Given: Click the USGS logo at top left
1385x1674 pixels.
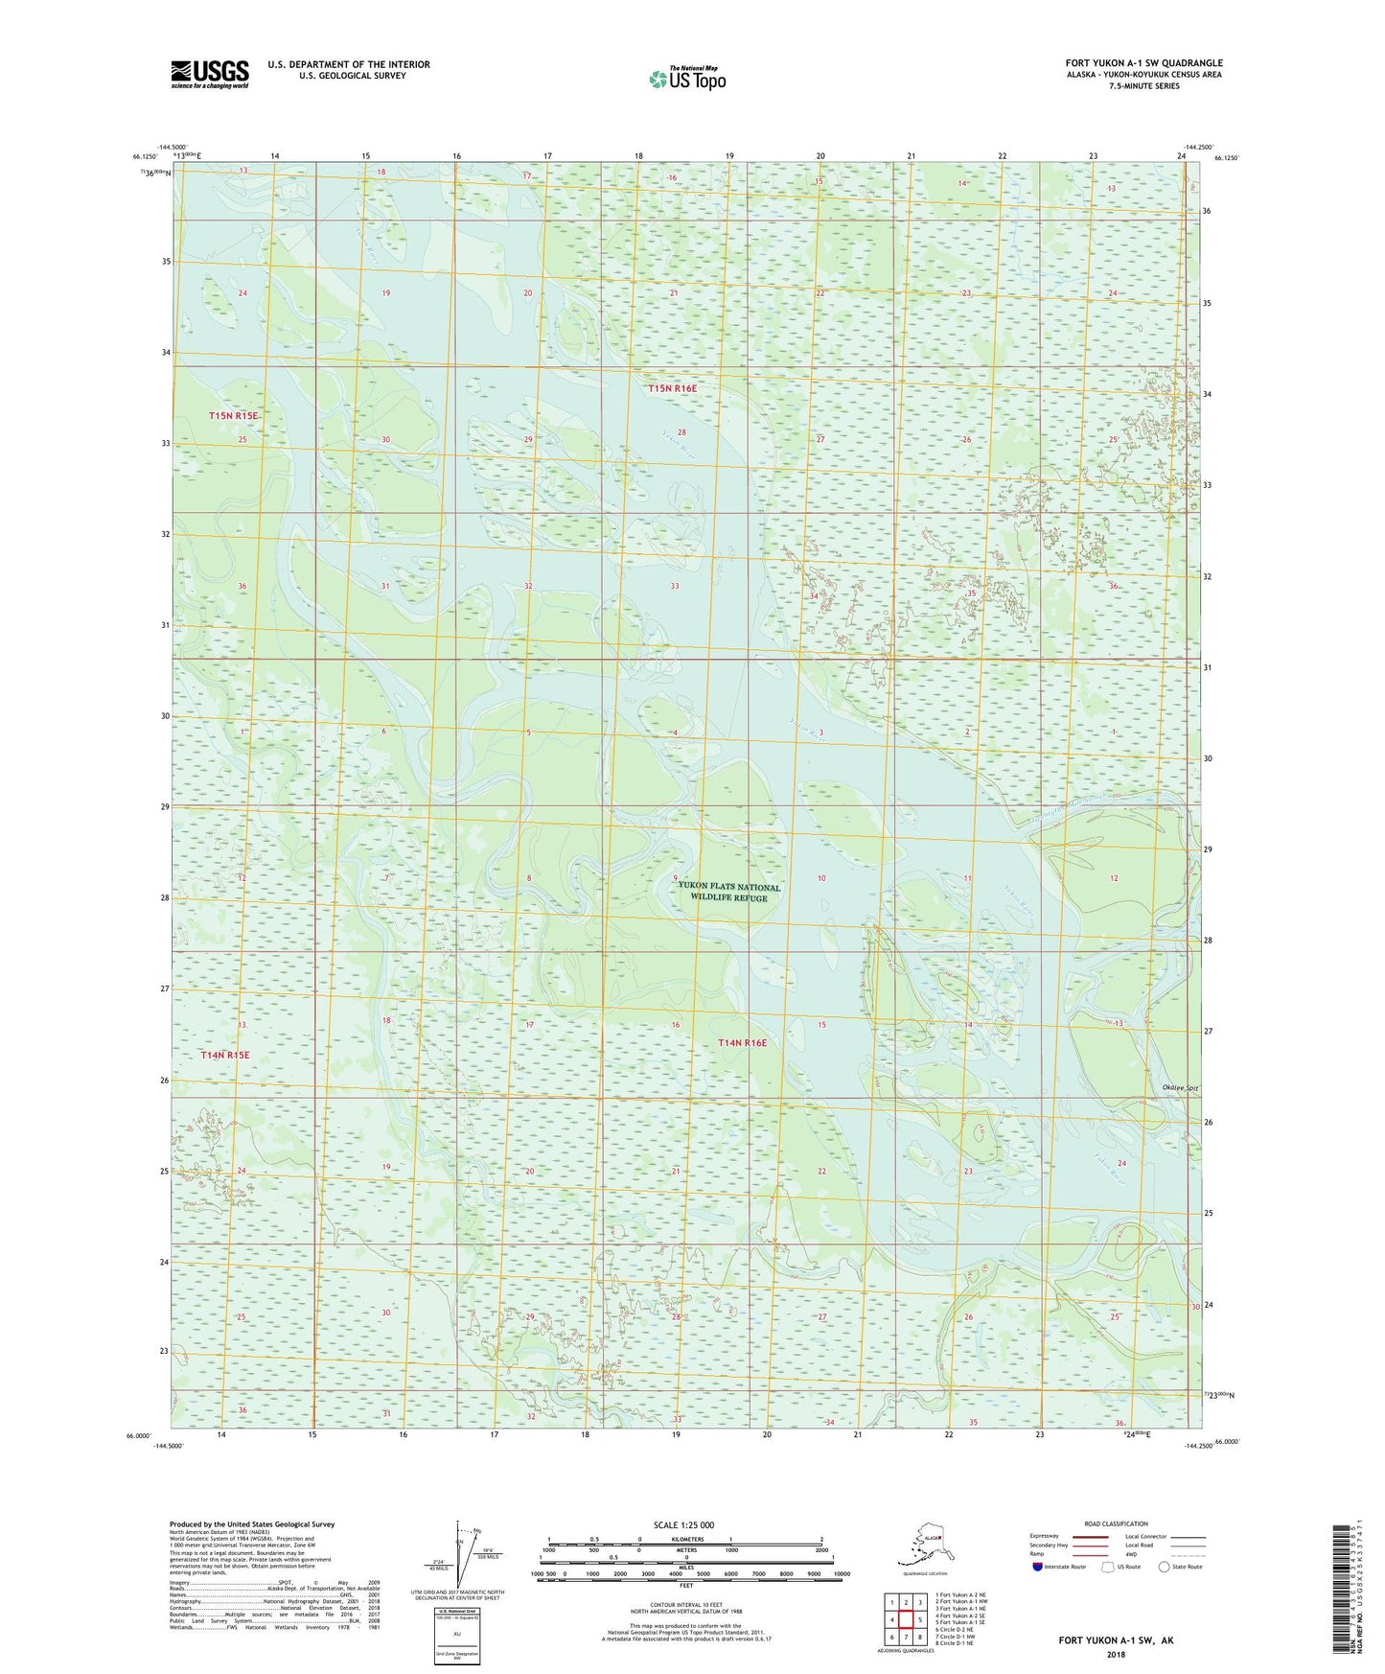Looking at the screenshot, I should click(209, 74).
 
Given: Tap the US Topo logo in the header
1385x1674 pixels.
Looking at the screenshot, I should click(687, 78).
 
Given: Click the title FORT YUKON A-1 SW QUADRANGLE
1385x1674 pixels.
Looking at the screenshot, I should click(1143, 63).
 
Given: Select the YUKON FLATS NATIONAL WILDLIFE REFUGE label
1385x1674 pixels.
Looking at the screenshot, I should click(728, 892).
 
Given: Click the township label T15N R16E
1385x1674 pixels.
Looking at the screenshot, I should click(672, 388).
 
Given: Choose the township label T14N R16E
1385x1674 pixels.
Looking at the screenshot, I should click(743, 1042).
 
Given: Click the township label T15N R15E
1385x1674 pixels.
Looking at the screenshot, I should click(233, 415).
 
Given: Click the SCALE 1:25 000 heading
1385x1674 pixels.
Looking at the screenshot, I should click(683, 1524).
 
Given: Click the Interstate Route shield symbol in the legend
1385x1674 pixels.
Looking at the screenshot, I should click(1038, 1567).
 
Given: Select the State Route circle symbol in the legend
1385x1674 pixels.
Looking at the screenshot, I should click(1164, 1567).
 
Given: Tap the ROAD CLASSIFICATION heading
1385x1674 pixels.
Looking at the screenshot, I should click(1116, 1523).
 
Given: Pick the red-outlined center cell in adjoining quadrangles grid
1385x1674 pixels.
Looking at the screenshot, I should click(905, 1620).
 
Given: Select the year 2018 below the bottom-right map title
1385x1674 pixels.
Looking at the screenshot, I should click(1116, 1654).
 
